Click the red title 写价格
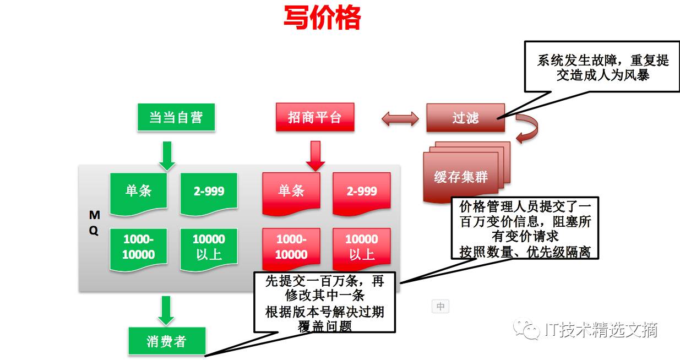click(322, 18)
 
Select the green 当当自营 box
click(176, 117)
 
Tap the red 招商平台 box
click(314, 117)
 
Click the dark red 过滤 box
click(465, 118)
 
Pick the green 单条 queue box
click(138, 191)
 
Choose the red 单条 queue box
click(291, 191)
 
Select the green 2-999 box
click(209, 191)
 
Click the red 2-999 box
click(362, 191)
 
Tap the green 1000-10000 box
click(138, 247)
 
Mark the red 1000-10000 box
click(291, 247)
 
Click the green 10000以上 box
click(209, 247)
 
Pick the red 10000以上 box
click(362, 247)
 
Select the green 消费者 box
click(166, 341)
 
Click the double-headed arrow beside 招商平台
click(400, 118)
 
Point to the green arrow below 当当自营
click(167, 156)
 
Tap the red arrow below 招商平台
click(315, 156)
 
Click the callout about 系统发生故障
click(602, 67)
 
